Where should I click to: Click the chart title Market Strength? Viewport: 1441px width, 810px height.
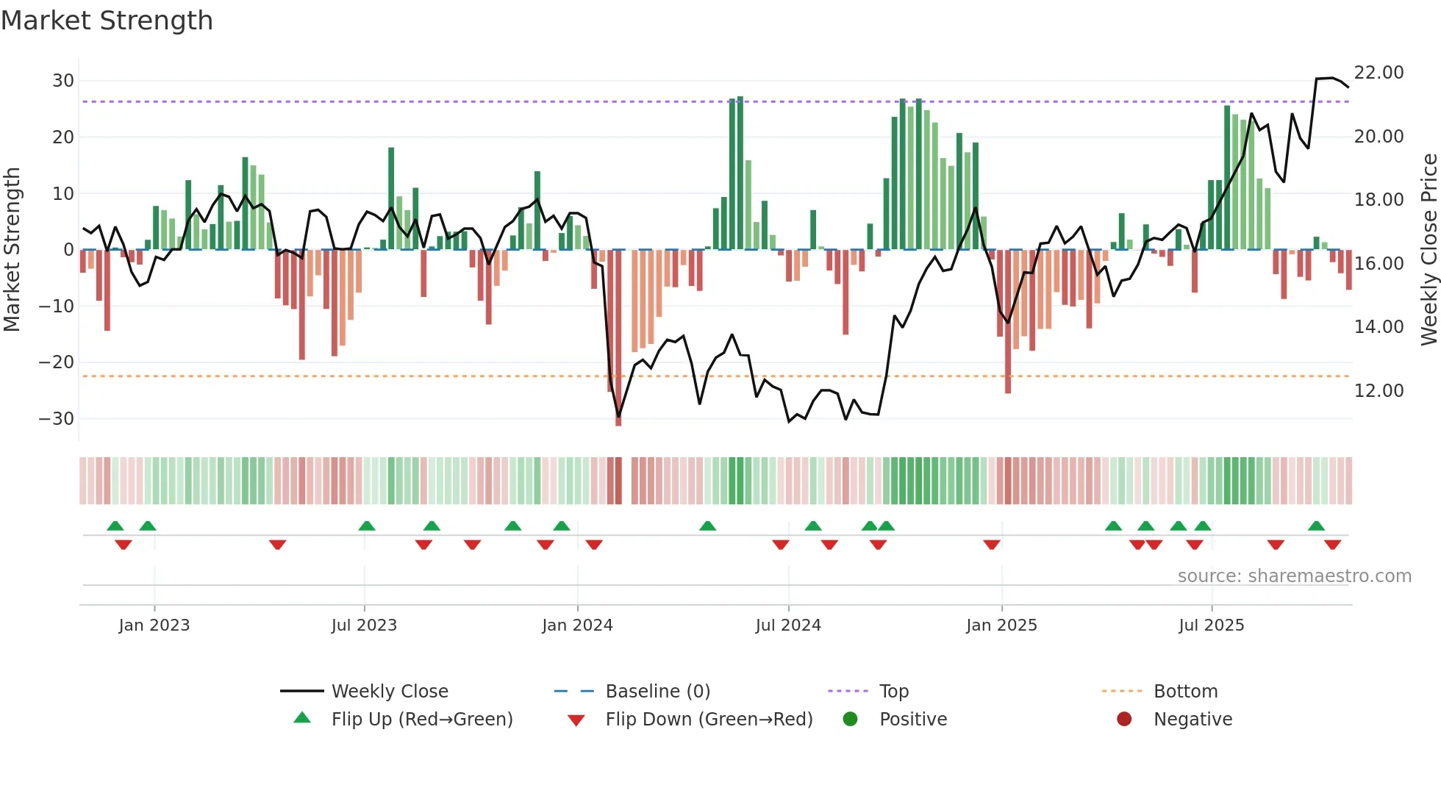pos(107,21)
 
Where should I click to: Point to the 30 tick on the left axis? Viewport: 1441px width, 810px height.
pos(63,81)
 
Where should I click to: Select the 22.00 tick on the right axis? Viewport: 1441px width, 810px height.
pos(1379,73)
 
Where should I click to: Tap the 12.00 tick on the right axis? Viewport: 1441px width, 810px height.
pos(1379,391)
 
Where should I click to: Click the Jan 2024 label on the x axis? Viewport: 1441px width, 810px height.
pos(577,626)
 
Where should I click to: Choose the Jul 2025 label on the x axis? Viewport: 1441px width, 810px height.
pos(1211,626)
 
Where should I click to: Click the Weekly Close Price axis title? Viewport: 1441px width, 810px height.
pos(1429,250)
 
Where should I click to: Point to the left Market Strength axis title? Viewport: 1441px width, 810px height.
pos(12,250)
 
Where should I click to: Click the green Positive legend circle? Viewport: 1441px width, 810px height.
pos(851,720)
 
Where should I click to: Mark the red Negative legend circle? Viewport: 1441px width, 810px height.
pos(1124,720)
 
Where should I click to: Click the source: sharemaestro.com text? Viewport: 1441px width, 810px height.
pos(1294,576)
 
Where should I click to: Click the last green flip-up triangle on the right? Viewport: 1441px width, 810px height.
pos(1316,526)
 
